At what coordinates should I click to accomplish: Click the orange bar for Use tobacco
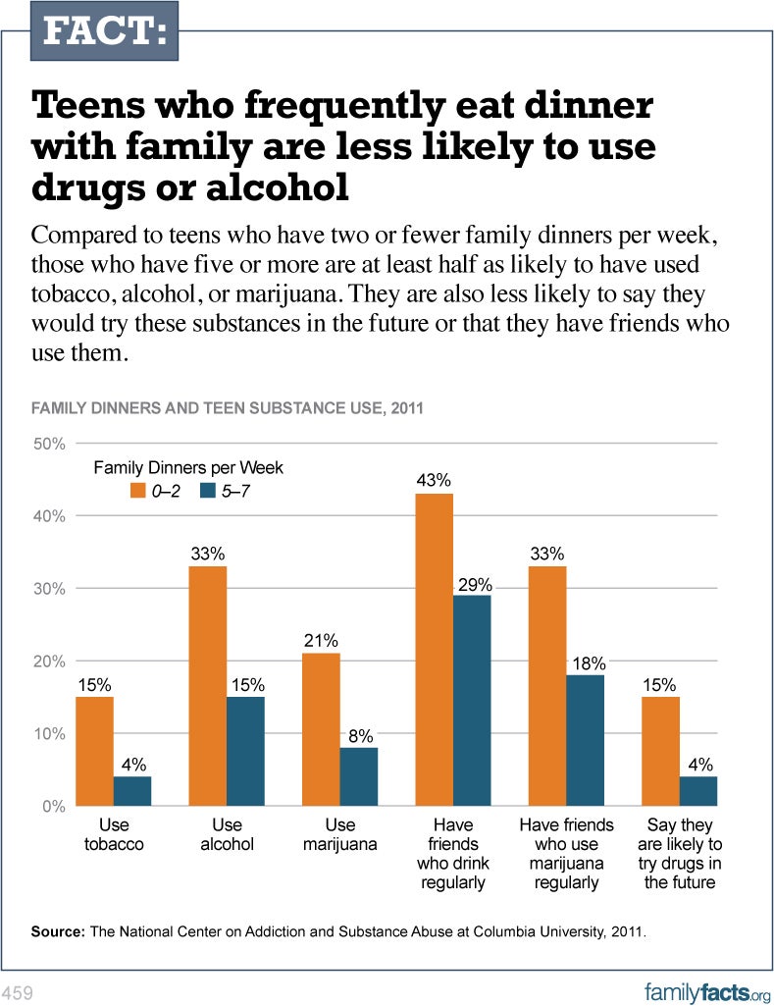click(x=94, y=751)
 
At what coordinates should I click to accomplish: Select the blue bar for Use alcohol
click(x=245, y=751)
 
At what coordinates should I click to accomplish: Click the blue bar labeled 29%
click(x=472, y=701)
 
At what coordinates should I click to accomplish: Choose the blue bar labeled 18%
click(x=586, y=740)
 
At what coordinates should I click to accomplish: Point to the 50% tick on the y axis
click(x=50, y=444)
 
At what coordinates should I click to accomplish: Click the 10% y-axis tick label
click(x=50, y=734)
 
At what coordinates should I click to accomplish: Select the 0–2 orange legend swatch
click(x=138, y=489)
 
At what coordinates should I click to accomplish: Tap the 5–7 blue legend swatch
click(x=207, y=489)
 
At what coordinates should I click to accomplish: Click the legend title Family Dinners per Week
click(x=188, y=468)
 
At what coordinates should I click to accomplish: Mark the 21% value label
click(x=321, y=641)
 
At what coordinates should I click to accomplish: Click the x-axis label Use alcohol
click(x=227, y=834)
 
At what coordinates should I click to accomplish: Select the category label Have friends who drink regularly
click(x=452, y=853)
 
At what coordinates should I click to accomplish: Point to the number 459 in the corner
click(x=19, y=993)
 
